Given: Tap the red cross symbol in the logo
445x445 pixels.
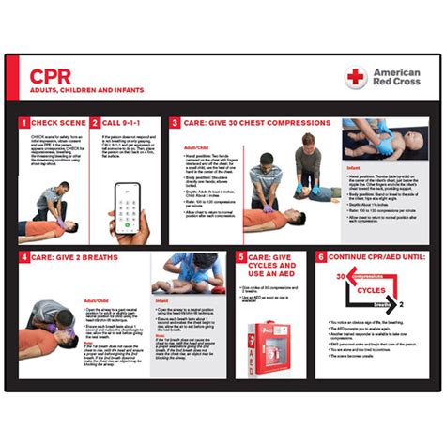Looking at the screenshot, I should pos(355,77).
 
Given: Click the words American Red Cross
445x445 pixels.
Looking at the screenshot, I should pos(396,77).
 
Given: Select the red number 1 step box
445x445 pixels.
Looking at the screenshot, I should pos(24,123).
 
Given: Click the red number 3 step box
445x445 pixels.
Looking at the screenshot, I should pos(175,123).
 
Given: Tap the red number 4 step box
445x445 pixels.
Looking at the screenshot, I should pos(24,256).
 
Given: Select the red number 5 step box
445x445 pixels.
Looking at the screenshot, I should pos(241,256).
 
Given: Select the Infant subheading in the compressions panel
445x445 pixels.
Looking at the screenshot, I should pos(353,169).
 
